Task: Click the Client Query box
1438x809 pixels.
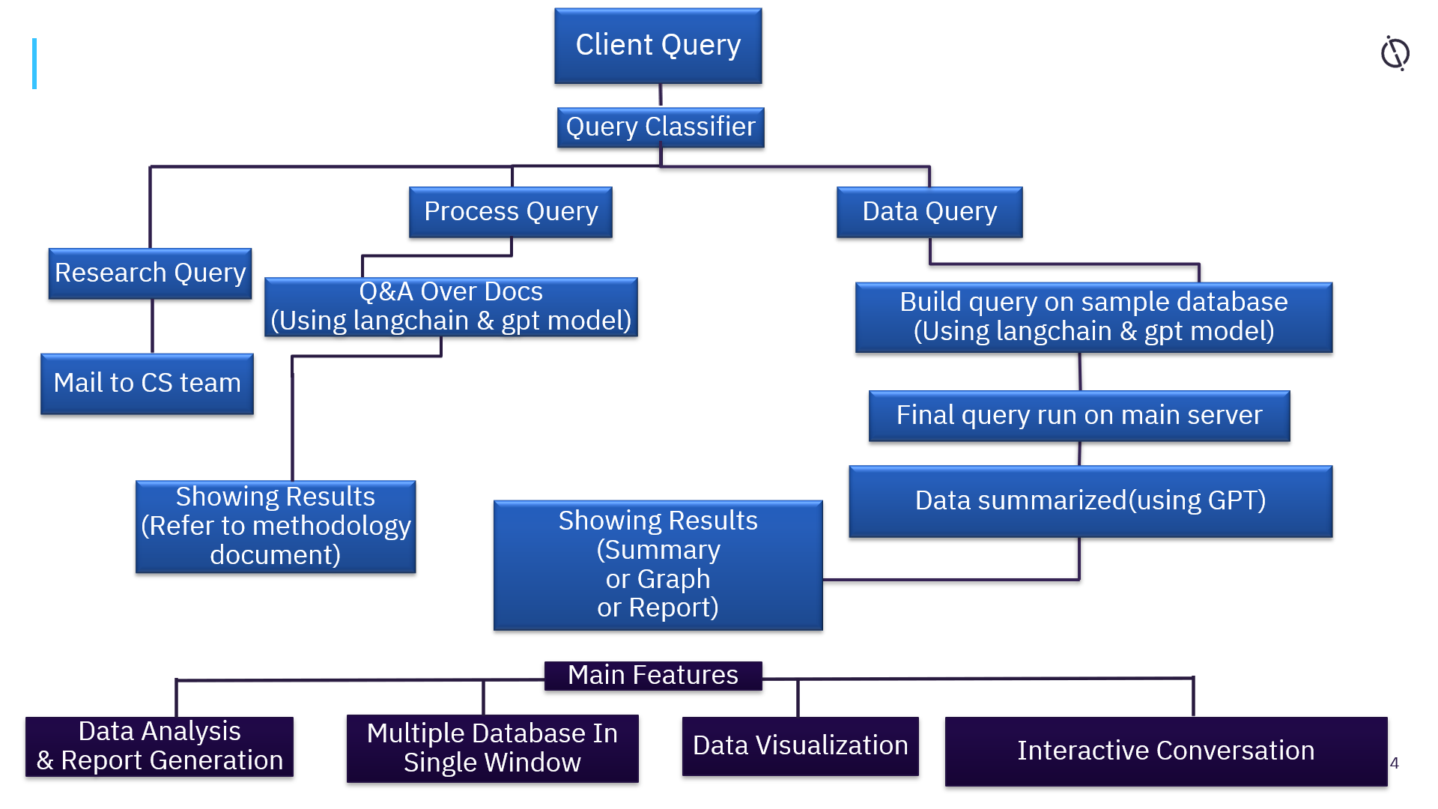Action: [x=658, y=46]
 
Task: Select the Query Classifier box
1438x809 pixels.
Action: [x=660, y=127]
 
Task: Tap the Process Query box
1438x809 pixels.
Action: [x=510, y=212]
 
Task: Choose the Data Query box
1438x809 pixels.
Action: [x=929, y=212]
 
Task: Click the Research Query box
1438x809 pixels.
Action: [x=150, y=273]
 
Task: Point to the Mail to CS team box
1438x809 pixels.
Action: [x=147, y=384]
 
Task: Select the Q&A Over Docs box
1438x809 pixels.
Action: [x=450, y=306]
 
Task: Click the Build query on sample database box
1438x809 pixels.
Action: [x=1093, y=317]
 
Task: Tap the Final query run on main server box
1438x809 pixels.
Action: [x=1078, y=416]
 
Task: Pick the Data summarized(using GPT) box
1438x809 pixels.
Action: [x=1090, y=500]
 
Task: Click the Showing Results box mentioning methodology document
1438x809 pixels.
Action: [x=275, y=527]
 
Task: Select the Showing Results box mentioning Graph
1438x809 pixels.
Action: [x=658, y=565]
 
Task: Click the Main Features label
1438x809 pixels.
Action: [x=652, y=675]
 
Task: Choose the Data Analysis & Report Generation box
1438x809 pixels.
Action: [x=160, y=746]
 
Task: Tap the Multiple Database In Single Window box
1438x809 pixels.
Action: [x=492, y=748]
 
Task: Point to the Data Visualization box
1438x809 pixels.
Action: [x=799, y=746]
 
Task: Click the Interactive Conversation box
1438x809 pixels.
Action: [x=1165, y=751]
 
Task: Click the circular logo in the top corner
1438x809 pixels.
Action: [x=1395, y=53]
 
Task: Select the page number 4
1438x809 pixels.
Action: [x=1394, y=763]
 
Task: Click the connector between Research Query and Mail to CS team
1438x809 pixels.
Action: [x=152, y=327]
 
